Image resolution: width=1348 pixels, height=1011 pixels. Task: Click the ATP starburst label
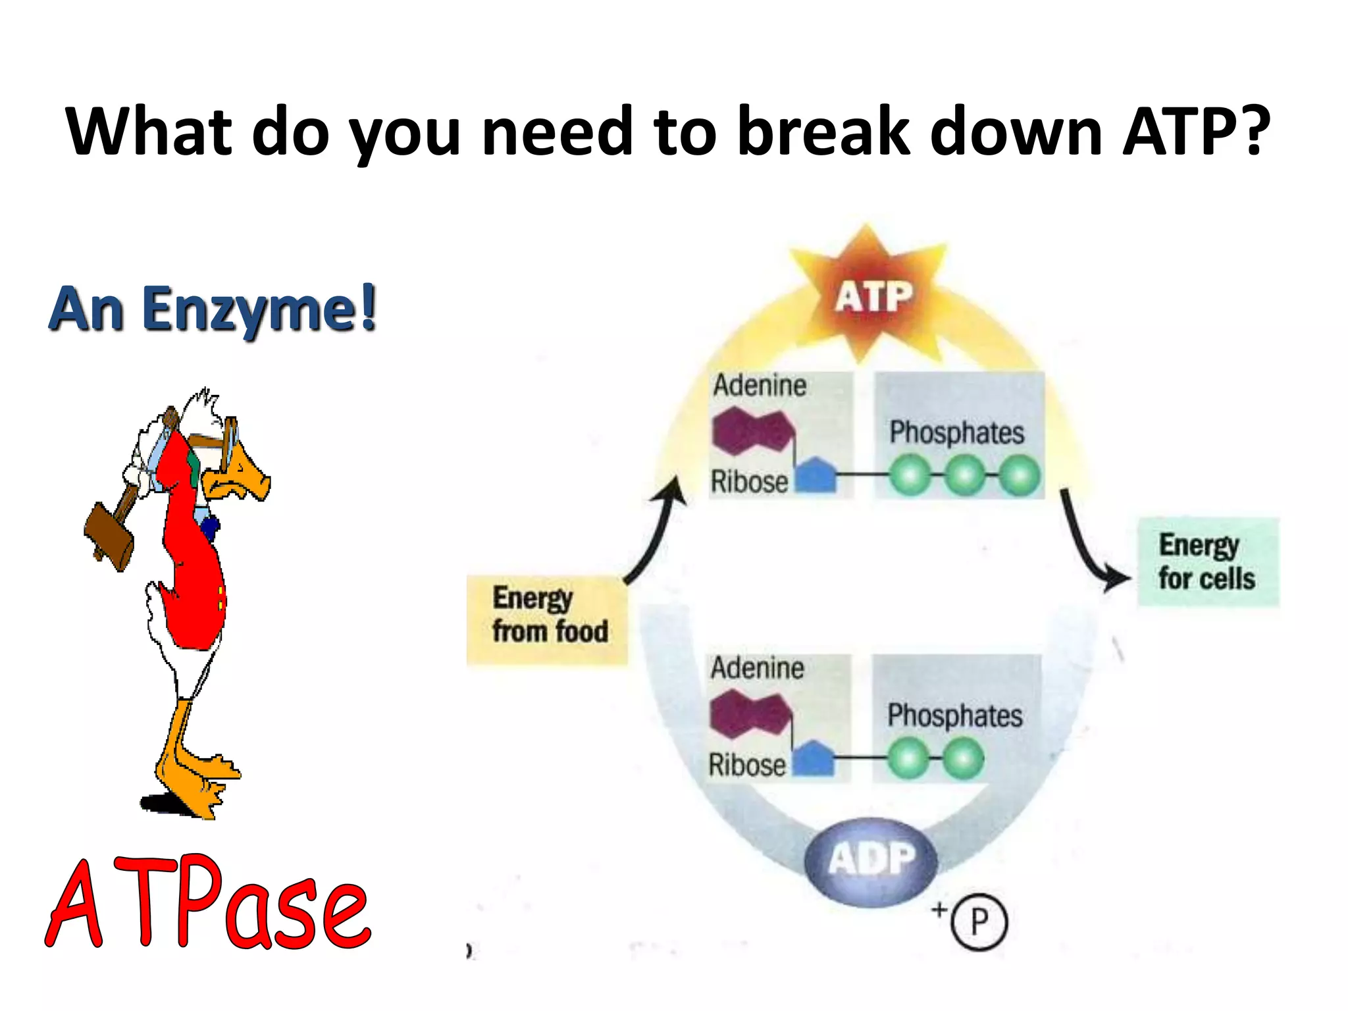click(x=873, y=298)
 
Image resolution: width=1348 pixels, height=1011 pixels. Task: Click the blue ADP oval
click(x=871, y=860)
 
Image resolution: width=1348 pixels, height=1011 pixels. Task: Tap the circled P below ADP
click(x=979, y=921)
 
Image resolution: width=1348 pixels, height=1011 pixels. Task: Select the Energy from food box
click(x=548, y=619)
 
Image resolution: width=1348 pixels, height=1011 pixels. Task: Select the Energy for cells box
click(x=1208, y=562)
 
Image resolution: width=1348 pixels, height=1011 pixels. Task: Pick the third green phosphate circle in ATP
click(x=1020, y=476)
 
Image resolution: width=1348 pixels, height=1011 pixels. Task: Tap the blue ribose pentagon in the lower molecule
click(x=814, y=759)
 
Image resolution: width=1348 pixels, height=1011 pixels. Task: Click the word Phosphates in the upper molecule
click(x=956, y=433)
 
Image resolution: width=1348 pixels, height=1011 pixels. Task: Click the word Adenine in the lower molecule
click(x=757, y=669)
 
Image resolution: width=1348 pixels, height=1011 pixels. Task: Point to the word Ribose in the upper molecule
click(x=749, y=482)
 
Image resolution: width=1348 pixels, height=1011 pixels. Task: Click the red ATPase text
click(x=209, y=905)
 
